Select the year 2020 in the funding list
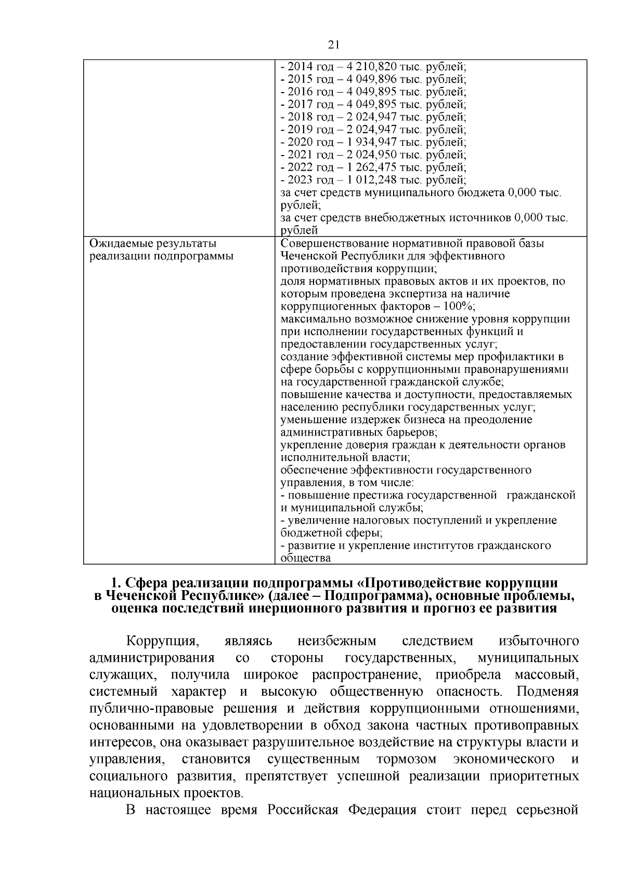(x=299, y=142)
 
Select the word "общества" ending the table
(x=305, y=558)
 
